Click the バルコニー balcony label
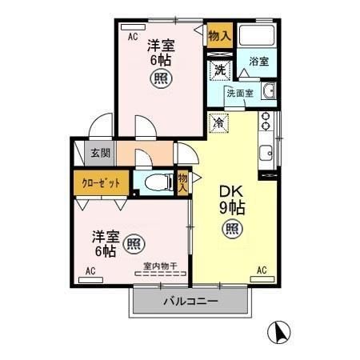(x=191, y=302)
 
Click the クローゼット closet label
(x=102, y=182)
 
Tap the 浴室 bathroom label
(x=258, y=62)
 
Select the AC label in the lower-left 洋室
(x=90, y=271)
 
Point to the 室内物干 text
(x=160, y=266)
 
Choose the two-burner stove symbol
(x=266, y=121)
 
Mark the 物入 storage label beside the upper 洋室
(x=219, y=36)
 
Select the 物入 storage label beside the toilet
(x=183, y=182)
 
